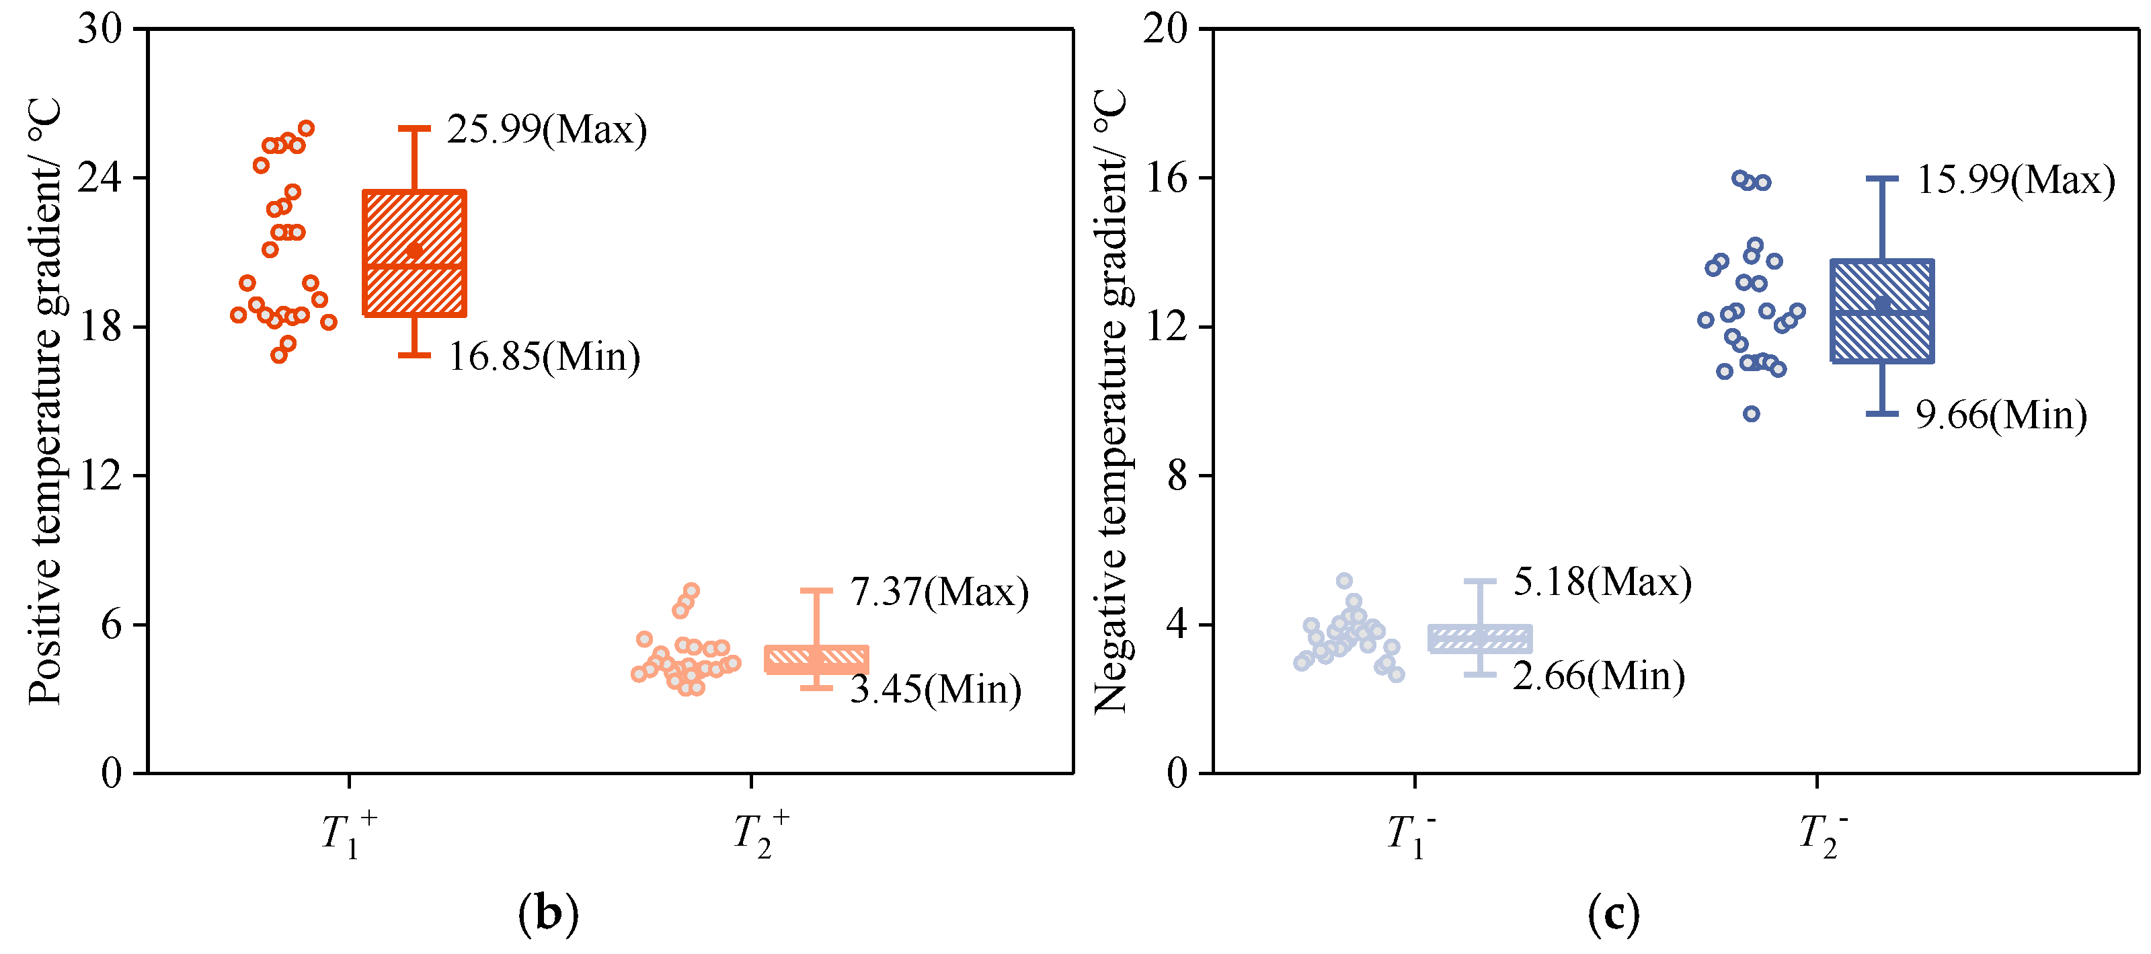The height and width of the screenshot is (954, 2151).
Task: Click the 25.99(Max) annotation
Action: click(547, 129)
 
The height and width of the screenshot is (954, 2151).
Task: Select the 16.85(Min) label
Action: click(545, 356)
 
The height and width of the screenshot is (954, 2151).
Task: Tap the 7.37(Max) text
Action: click(939, 592)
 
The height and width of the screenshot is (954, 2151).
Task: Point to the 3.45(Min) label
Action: click(935, 689)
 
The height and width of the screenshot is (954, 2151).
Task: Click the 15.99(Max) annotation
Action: click(2015, 180)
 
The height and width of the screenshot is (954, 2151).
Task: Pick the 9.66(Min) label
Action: click(2000, 415)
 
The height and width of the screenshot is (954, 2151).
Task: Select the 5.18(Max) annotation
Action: click(1602, 582)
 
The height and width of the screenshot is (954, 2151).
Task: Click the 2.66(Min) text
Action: click(1598, 676)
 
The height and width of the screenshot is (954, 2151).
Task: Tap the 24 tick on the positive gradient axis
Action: click(100, 177)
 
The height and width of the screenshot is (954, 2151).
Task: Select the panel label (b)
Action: click(548, 914)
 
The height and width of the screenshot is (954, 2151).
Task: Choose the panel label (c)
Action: click(1613, 914)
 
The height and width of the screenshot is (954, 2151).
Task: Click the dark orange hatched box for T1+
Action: click(414, 253)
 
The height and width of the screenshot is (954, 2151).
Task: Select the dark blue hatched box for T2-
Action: click(1882, 311)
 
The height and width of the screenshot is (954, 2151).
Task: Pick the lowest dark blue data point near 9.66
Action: click(1751, 414)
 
